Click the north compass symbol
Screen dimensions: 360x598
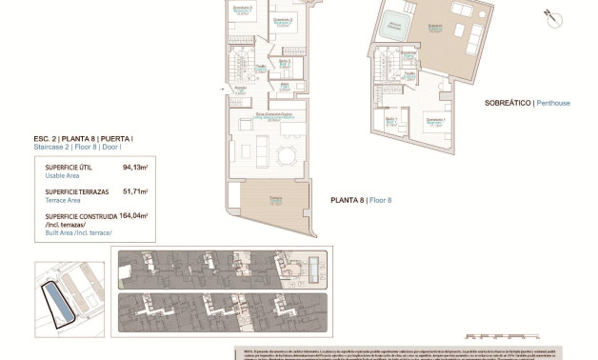click(549, 15)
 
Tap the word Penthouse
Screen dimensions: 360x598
click(553, 102)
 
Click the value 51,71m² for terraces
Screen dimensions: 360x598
click(134, 191)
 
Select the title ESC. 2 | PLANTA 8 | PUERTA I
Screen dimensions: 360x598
click(84, 139)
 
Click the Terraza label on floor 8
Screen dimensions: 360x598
click(274, 197)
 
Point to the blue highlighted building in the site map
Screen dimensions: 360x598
click(60, 303)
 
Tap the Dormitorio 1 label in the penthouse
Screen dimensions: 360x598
click(435, 121)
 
